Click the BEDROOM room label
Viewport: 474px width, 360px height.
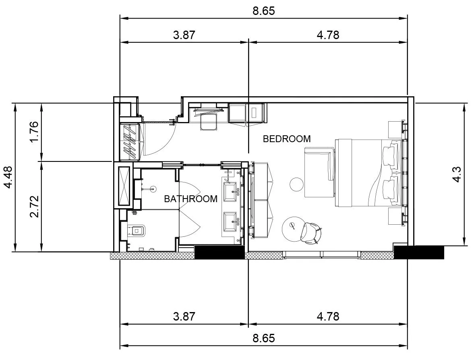pyautogui.click(x=287, y=139)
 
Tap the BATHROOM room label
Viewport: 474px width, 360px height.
pyautogui.click(x=191, y=199)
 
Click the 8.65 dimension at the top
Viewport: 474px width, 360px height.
pyautogui.click(x=264, y=11)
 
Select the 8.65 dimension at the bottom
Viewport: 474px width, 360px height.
pyautogui.click(x=264, y=338)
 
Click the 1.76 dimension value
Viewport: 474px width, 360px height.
pyautogui.click(x=34, y=132)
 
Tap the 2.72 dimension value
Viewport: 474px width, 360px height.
pyautogui.click(x=34, y=207)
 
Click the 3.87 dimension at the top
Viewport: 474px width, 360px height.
pyautogui.click(x=184, y=35)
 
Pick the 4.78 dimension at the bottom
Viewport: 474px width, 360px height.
pyautogui.click(x=328, y=316)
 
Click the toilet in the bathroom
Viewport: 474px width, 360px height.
pyautogui.click(x=137, y=231)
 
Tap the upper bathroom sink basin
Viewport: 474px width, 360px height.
pyautogui.click(x=230, y=191)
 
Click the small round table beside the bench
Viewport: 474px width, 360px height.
pyautogui.click(x=296, y=184)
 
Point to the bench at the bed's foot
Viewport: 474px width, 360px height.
pyautogui.click(x=319, y=172)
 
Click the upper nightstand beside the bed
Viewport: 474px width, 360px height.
pyautogui.click(x=395, y=129)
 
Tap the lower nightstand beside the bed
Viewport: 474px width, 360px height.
pyautogui.click(x=395, y=216)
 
